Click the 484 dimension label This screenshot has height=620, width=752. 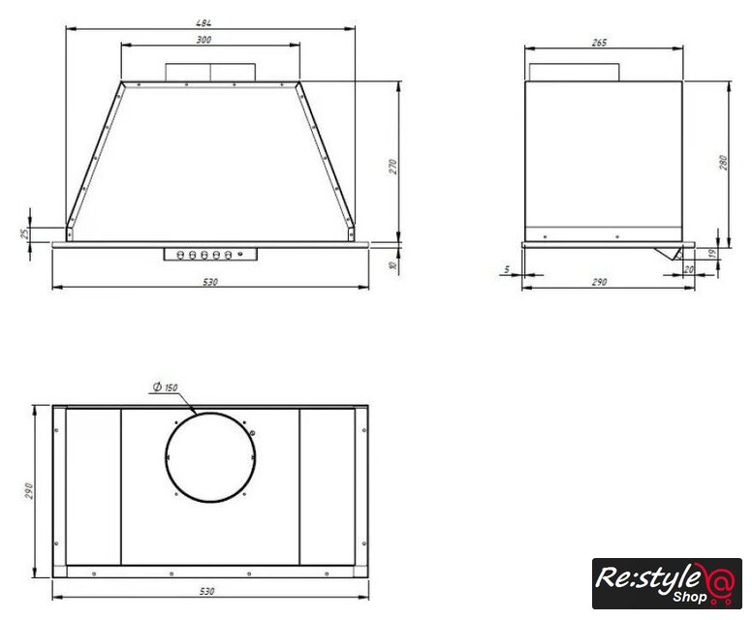point(204,22)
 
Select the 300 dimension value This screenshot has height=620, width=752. point(204,40)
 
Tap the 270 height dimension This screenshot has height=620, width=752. point(393,167)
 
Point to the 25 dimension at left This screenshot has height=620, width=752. point(24,234)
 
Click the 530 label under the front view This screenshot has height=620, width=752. point(210,282)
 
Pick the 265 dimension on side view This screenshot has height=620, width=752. point(599,43)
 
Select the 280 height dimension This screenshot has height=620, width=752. point(723,163)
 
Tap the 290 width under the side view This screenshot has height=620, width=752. point(599,282)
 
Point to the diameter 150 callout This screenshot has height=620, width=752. point(166,387)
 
